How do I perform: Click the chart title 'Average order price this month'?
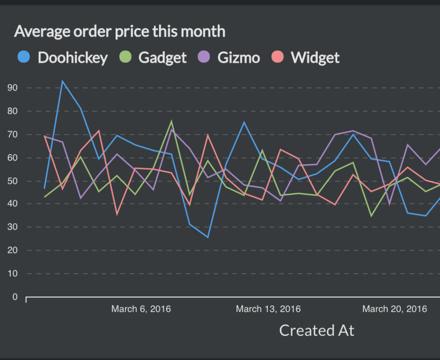pyautogui.click(x=119, y=31)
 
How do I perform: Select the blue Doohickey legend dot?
pyautogui.click(x=23, y=57)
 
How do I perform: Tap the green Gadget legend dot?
pyautogui.click(x=126, y=57)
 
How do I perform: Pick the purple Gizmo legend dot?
pyautogui.click(x=204, y=57)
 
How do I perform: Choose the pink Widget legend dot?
pyautogui.click(x=278, y=57)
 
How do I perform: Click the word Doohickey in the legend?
pyautogui.click(x=72, y=57)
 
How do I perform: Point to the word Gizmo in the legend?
pyautogui.click(x=238, y=57)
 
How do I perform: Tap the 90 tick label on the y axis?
pyautogui.click(x=12, y=88)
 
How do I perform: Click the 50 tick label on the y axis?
pyautogui.click(x=12, y=181)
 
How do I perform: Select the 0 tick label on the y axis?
pyautogui.click(x=15, y=297)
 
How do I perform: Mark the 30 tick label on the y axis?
pyautogui.click(x=12, y=227)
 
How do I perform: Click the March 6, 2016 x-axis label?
pyautogui.click(x=141, y=309)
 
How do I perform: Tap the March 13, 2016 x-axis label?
pyautogui.click(x=268, y=309)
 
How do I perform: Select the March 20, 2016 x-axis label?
pyautogui.click(x=395, y=309)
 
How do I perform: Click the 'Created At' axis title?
pyautogui.click(x=316, y=330)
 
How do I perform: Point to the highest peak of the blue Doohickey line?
pyautogui.click(x=62, y=81)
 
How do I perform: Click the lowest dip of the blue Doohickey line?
pyautogui.click(x=208, y=237)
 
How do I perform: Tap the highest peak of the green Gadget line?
pyautogui.click(x=171, y=121)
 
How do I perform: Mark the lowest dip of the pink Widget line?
pyautogui.click(x=117, y=214)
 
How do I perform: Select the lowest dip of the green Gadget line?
pyautogui.click(x=371, y=216)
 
